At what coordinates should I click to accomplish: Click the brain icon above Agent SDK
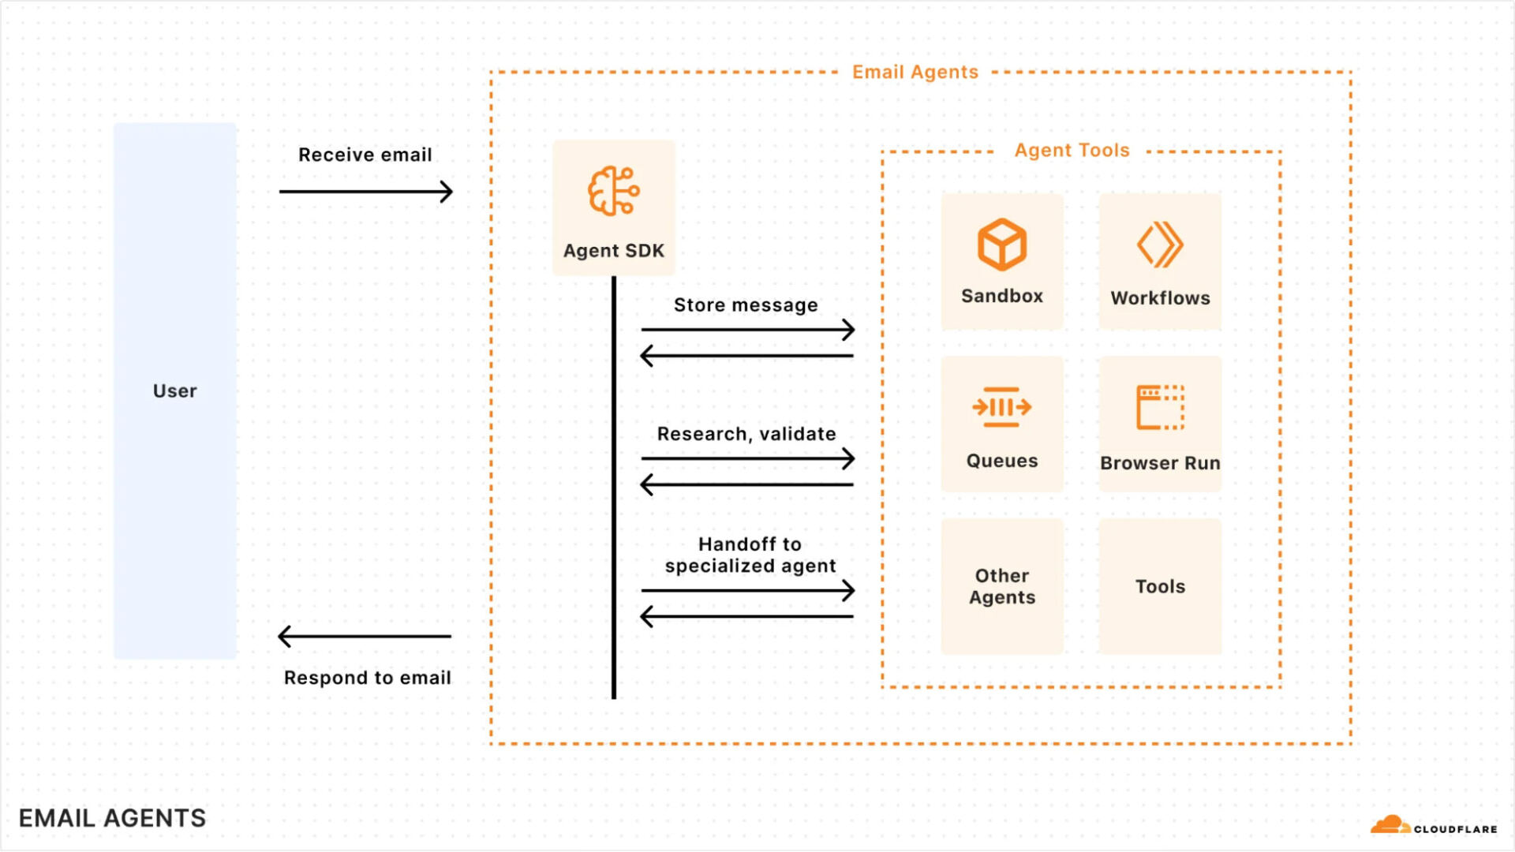613,191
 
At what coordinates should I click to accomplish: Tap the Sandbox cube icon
1001,245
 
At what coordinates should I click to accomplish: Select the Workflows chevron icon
1159,245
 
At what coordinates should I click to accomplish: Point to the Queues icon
1001,407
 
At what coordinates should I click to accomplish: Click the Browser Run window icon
1159,407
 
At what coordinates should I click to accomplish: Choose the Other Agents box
1001,586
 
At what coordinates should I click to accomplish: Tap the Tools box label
1159,586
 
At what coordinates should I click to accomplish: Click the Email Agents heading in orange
915,72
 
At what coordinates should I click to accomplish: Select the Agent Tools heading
1072,150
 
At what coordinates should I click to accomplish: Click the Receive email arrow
365,192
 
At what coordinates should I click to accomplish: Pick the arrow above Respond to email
365,636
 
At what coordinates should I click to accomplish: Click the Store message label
745,305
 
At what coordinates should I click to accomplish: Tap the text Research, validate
746,434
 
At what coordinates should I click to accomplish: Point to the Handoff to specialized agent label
750,555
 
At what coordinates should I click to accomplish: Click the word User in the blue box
174,391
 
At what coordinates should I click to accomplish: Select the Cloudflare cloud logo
1390,825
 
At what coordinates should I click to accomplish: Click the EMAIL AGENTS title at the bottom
112,818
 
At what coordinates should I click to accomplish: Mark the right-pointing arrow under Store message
747,330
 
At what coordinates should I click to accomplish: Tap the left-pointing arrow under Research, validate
746,484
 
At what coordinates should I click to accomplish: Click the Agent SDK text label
613,251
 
